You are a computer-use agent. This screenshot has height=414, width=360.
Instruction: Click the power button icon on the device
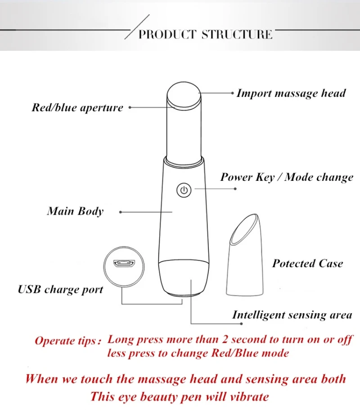point(184,190)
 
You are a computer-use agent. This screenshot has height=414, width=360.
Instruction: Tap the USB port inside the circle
point(124,263)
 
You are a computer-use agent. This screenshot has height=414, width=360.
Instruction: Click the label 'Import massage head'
point(291,94)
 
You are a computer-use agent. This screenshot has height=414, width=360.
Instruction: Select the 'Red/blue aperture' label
point(77,108)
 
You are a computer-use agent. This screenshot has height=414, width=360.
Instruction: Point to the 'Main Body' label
point(75,211)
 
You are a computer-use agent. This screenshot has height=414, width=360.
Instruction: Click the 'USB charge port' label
point(60,290)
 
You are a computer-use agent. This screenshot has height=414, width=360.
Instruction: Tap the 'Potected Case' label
point(308,264)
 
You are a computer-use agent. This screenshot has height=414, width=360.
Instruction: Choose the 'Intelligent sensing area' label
point(292,315)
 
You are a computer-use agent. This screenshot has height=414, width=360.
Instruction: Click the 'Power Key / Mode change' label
point(287,177)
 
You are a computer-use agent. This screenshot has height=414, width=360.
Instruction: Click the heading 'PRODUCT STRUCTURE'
point(206,35)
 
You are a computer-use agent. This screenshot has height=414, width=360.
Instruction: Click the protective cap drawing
point(245,255)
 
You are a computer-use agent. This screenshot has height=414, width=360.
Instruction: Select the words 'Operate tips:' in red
point(68,341)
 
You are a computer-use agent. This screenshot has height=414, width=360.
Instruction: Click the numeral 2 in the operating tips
point(225,339)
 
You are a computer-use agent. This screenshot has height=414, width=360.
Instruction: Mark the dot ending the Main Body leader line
point(121,212)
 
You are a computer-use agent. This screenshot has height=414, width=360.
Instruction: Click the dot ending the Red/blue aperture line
point(130,108)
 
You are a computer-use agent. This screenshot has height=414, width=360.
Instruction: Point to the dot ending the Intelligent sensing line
point(241,324)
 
